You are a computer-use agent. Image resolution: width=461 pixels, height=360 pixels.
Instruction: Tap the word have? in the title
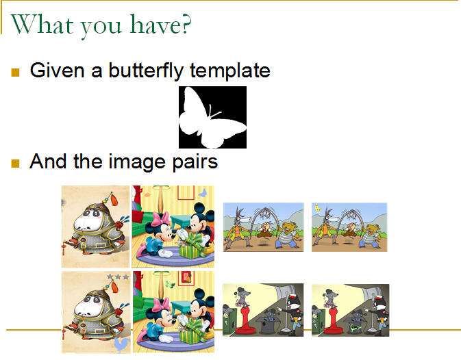(x=160, y=24)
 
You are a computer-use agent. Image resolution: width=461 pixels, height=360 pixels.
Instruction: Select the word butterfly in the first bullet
(x=146, y=70)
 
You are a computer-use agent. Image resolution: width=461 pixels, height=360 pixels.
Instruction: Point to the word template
(x=230, y=70)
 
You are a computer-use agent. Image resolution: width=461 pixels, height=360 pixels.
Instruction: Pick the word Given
(x=57, y=70)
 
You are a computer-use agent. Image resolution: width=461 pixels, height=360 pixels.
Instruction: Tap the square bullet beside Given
(x=15, y=73)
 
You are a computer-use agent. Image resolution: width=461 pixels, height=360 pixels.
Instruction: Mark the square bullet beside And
(x=15, y=164)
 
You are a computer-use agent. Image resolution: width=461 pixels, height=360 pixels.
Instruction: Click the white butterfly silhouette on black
(x=212, y=118)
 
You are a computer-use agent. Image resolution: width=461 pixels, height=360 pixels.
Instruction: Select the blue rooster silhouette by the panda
(x=123, y=344)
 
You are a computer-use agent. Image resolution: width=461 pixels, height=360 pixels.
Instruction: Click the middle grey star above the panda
(x=118, y=277)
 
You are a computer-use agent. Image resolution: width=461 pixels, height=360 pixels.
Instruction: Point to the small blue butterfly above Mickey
(x=203, y=193)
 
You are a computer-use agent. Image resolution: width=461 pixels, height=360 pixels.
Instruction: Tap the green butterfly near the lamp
(x=170, y=284)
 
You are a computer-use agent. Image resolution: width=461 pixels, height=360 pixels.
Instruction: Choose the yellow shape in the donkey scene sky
(x=318, y=208)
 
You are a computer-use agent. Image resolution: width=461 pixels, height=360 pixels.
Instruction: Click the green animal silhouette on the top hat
(x=355, y=327)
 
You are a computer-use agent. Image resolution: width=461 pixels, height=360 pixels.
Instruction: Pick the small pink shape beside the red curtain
(x=147, y=194)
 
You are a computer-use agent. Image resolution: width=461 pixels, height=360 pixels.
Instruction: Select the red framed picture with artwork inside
(x=187, y=278)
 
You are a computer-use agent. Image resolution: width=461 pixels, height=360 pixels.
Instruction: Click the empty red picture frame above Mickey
(x=186, y=192)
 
